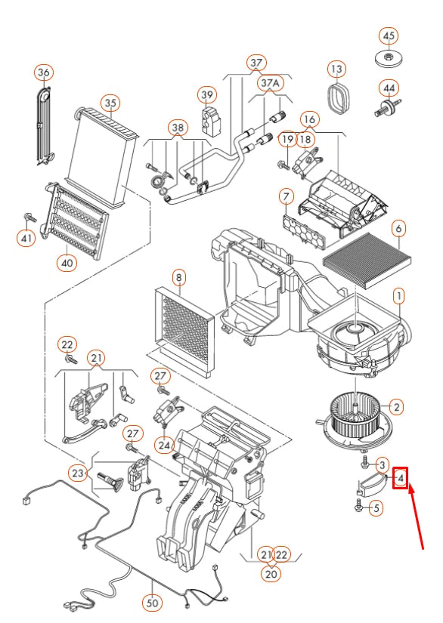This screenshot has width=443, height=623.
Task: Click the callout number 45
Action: [389, 36]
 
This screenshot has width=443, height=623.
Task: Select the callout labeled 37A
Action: [271, 83]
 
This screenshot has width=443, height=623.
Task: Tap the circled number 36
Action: [44, 72]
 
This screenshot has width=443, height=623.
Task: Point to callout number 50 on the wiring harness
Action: [152, 603]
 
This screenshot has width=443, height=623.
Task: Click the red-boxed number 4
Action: [401, 478]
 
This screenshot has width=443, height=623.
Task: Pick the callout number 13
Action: [336, 69]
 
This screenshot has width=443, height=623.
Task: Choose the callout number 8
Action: [179, 277]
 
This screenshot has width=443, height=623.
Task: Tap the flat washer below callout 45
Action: [388, 59]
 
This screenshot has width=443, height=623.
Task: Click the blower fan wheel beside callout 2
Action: [354, 421]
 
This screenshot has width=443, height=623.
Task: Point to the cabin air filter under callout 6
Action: [367, 261]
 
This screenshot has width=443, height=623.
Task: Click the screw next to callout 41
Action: [29, 217]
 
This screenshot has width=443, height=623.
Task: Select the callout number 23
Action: [78, 473]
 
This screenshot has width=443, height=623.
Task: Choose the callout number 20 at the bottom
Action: [271, 574]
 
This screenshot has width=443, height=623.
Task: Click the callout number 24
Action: [164, 445]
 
